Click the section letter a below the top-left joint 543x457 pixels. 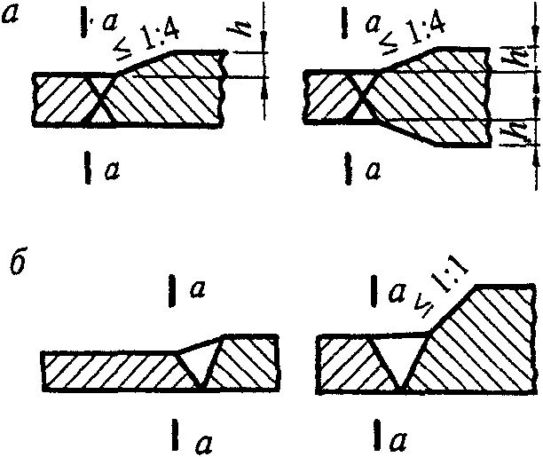(112, 167)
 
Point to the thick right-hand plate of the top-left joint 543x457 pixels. (177, 93)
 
